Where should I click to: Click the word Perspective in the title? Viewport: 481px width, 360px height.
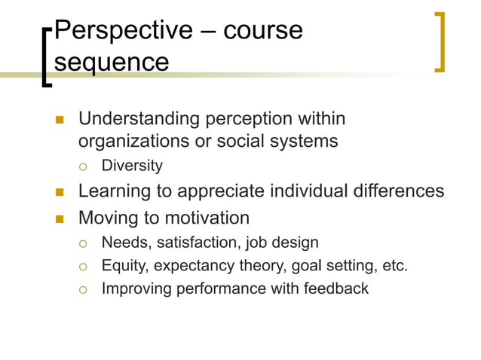(x=121, y=30)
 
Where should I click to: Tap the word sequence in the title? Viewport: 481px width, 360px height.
(x=112, y=62)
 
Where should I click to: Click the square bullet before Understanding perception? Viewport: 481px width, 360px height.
(x=59, y=120)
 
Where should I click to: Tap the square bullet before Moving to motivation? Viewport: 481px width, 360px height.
(x=59, y=219)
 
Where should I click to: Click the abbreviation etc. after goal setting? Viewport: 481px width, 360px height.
(x=396, y=265)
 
